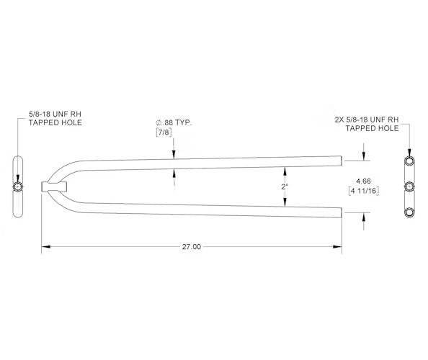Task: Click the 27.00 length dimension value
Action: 192,246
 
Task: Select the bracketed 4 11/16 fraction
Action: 363,191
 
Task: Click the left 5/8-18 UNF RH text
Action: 55,113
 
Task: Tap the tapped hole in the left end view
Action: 18,186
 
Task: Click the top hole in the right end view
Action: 410,159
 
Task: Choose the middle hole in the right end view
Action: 410,186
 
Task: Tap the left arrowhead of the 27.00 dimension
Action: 45,246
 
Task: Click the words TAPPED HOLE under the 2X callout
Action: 373,128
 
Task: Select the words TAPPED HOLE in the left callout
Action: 55,122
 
